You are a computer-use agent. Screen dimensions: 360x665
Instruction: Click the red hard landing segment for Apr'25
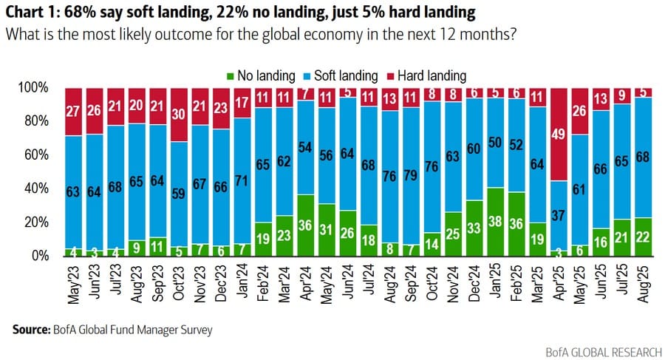click(559, 134)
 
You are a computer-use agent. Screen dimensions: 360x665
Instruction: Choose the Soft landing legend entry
click(341, 75)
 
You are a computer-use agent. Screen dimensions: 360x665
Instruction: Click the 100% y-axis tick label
click(34, 88)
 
